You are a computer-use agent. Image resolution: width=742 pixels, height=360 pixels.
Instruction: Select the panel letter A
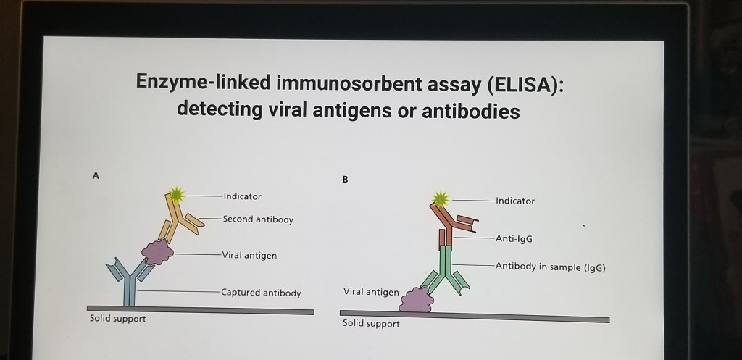96,176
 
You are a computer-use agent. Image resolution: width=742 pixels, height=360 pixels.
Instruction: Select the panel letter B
345,180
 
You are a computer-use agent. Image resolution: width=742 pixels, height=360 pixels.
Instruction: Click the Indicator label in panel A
242,196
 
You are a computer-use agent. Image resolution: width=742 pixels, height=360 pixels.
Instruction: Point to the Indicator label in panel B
515,201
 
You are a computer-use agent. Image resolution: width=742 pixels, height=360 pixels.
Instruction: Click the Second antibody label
258,219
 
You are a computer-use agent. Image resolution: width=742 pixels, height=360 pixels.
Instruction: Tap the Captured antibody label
261,293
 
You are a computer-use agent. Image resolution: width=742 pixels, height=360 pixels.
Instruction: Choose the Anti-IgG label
514,239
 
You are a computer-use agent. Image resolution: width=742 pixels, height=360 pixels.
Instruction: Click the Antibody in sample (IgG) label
551,267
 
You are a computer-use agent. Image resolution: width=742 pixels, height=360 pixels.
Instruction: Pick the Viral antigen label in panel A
249,256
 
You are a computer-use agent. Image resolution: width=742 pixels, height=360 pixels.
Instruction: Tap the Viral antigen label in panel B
371,292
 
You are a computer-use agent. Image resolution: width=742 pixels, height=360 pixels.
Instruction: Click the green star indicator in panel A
177,194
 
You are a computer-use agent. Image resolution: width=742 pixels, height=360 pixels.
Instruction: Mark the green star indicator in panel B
441,199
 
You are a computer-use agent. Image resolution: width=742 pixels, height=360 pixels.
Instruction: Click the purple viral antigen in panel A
157,252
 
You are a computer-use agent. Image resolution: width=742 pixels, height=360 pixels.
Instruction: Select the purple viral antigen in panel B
417,300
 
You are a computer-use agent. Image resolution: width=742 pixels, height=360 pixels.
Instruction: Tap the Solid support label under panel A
118,319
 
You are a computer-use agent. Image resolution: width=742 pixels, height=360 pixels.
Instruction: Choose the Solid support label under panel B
371,324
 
